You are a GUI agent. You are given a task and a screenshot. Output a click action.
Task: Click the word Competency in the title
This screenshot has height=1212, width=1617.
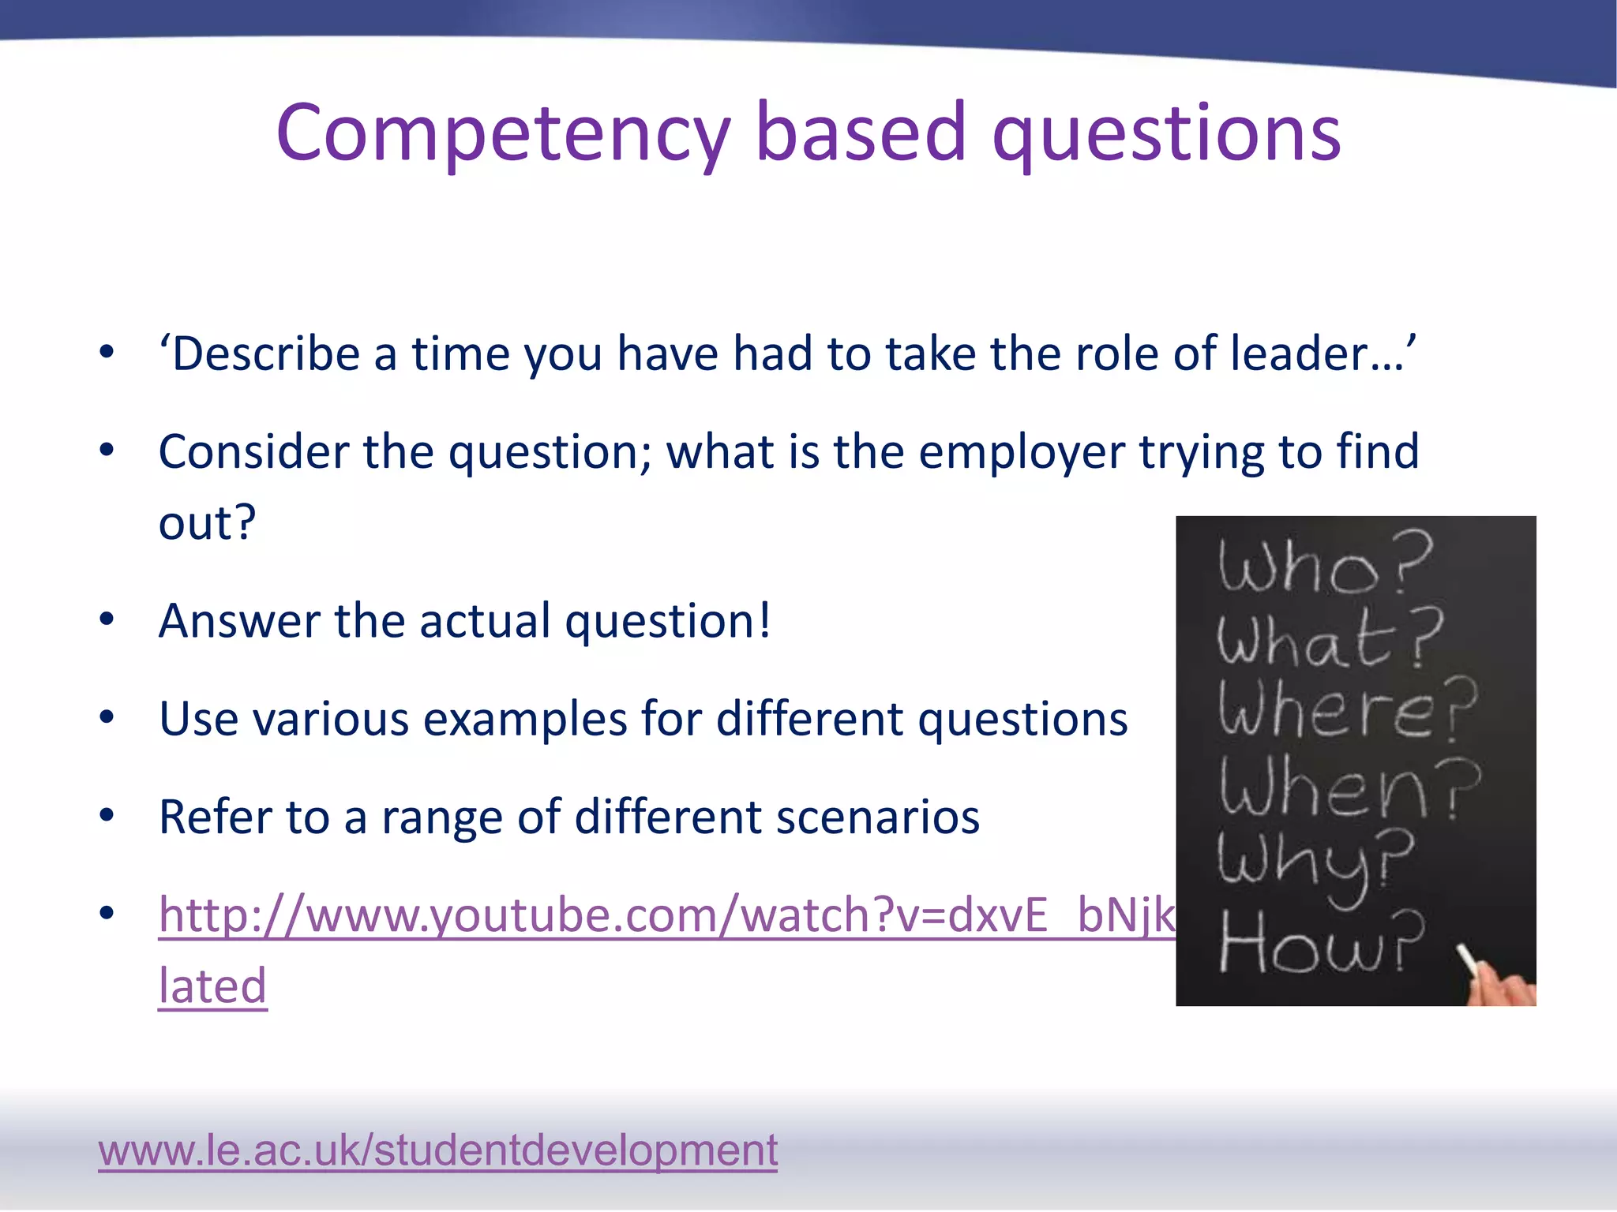tap(503, 134)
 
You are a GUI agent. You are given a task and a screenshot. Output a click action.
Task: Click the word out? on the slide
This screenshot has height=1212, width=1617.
tap(208, 522)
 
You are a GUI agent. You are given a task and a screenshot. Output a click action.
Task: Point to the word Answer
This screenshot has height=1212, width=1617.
tap(238, 621)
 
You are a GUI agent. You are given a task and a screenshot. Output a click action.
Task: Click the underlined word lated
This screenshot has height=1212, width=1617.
tap(212, 986)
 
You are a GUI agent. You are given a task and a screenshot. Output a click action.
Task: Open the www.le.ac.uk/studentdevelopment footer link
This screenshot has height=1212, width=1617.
tap(437, 1150)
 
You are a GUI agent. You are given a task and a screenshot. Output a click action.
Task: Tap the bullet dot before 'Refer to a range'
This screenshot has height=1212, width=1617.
tap(107, 816)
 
